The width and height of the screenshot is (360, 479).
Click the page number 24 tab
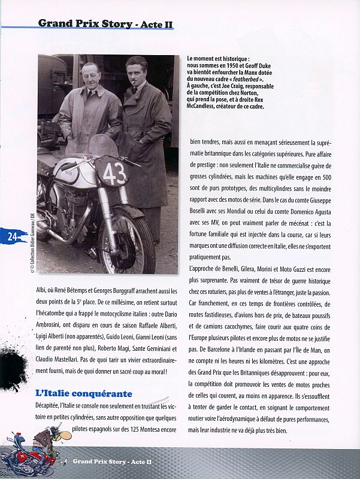coord(12,236)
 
